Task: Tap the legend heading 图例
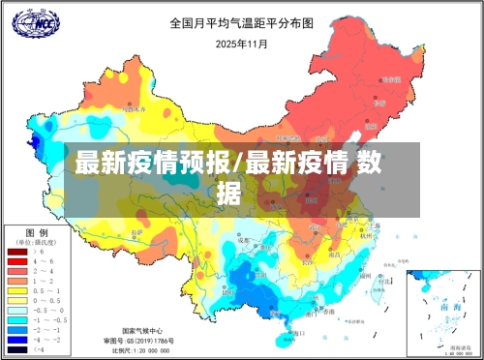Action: tap(36, 233)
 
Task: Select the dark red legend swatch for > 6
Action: tap(17, 251)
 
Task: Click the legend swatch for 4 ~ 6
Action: tap(17, 261)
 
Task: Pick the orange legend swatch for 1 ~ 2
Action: tap(17, 281)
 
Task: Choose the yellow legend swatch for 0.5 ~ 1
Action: tap(17, 290)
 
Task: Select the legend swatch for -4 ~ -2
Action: tap(17, 340)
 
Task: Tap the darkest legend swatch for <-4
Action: tap(17, 349)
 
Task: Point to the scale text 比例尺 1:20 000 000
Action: tap(142, 350)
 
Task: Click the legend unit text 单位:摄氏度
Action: tap(36, 241)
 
